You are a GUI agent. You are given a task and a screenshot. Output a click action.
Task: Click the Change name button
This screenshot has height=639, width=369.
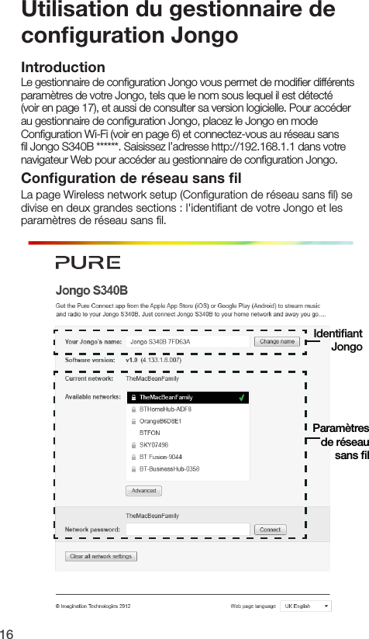click(278, 341)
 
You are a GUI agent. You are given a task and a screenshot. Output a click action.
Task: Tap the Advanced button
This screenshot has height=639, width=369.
click(143, 490)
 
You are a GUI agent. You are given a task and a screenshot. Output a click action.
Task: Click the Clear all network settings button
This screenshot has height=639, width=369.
click(101, 556)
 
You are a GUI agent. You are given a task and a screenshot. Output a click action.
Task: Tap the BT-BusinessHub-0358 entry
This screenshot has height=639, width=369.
click(169, 469)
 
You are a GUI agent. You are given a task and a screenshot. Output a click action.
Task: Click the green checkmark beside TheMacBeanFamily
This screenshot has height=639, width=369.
click(243, 397)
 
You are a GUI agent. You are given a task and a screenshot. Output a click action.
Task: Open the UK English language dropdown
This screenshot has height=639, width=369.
click(305, 606)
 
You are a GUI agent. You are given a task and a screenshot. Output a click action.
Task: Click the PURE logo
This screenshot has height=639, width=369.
click(88, 262)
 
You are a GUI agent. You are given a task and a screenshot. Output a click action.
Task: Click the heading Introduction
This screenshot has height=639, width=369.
click(64, 68)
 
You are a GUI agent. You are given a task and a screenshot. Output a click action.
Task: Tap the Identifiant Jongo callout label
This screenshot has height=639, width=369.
click(340, 340)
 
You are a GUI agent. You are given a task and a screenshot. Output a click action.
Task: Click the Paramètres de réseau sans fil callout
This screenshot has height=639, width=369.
click(341, 441)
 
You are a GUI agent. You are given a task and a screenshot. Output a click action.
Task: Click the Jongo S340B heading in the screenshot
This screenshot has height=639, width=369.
click(91, 291)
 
